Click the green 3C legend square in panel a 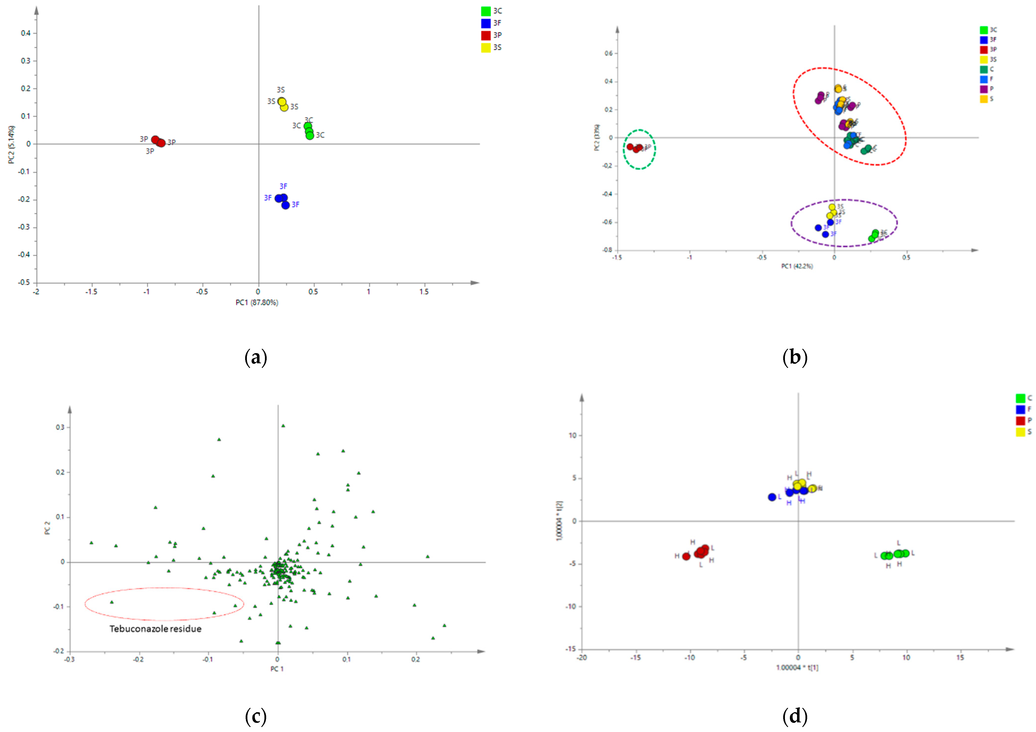[x=486, y=11]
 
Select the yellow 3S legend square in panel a [x=486, y=47]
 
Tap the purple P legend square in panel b [x=984, y=89]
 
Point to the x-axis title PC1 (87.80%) [x=257, y=302]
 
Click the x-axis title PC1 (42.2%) [x=797, y=266]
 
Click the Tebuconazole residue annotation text [x=155, y=629]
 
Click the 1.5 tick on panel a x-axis [x=424, y=292]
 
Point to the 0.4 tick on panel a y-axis [x=26, y=33]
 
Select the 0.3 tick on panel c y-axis [x=60, y=427]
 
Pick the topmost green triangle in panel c [x=283, y=426]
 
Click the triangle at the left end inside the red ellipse [x=112, y=602]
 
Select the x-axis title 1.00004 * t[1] [x=797, y=667]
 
